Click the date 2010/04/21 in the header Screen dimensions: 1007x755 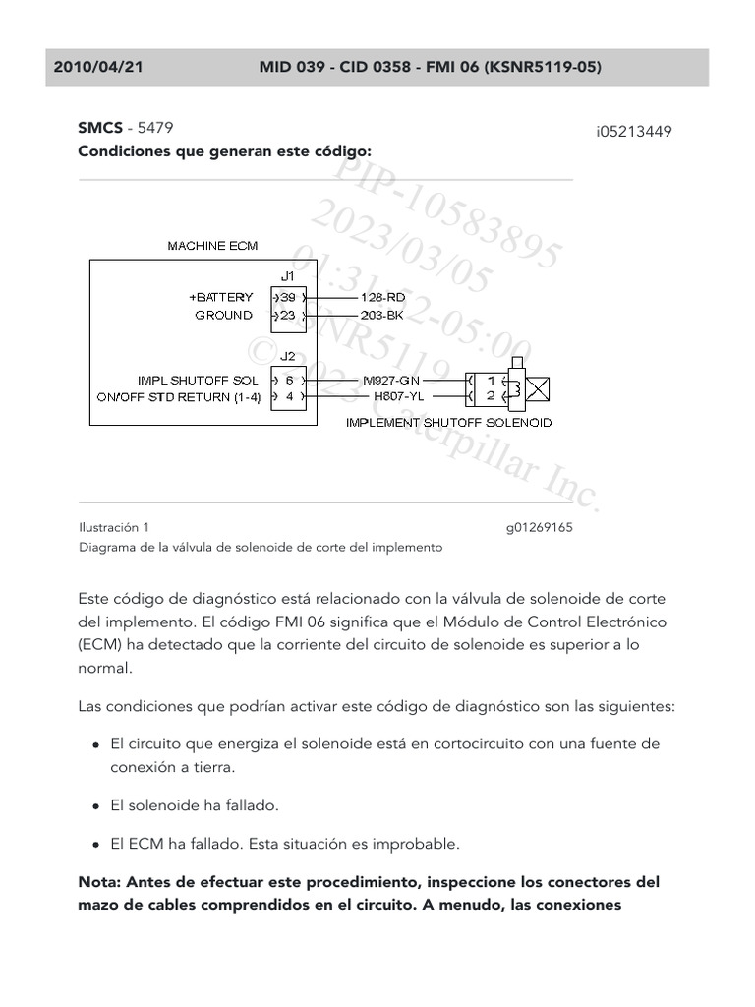98,67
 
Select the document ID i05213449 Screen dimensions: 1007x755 633,131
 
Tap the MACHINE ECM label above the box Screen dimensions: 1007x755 212,245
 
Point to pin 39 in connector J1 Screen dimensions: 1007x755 287,297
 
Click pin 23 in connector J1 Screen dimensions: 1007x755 287,316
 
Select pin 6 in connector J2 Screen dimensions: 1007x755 289,380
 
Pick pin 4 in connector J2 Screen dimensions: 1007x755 289,397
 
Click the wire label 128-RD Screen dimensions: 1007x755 382,297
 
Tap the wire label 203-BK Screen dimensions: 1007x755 382,316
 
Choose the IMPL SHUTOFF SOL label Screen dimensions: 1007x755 199,380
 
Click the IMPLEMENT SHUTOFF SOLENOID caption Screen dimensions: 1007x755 448,423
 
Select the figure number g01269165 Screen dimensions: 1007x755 539,527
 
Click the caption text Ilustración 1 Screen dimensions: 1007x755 114,527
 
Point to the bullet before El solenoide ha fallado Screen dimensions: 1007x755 95,806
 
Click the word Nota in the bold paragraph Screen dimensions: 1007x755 99,882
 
